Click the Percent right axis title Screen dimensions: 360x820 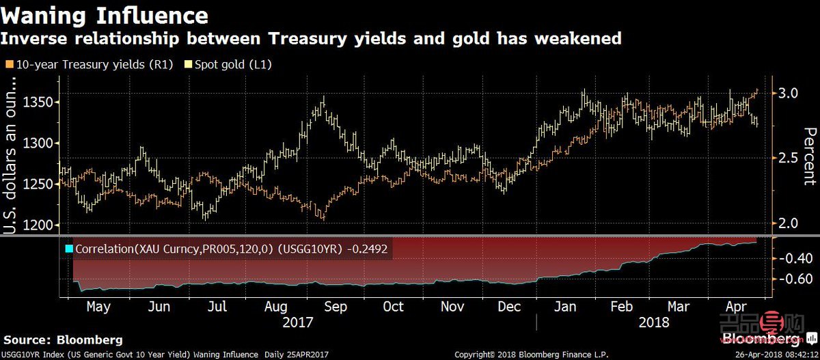click(809, 156)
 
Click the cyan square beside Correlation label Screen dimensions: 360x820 click(69, 249)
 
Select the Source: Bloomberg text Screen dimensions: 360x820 click(64, 340)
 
